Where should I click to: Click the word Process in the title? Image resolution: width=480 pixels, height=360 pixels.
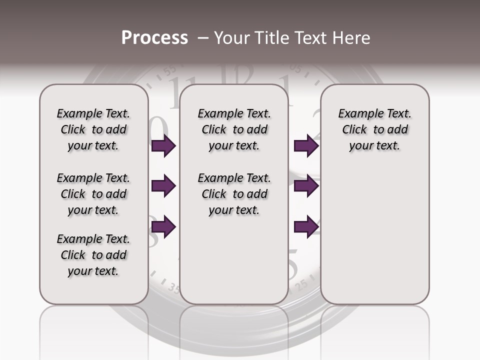(154, 38)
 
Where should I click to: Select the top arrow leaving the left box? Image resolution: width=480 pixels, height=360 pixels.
(163, 146)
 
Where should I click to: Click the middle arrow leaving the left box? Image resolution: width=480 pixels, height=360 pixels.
(163, 186)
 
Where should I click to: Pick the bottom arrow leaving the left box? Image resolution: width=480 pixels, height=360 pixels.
(163, 227)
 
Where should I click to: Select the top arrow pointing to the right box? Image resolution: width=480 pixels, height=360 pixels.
(306, 146)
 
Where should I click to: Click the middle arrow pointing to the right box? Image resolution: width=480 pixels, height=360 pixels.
(306, 186)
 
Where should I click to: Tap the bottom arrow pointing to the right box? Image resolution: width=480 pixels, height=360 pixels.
(306, 227)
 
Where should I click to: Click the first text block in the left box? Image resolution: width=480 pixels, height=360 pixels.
(93, 129)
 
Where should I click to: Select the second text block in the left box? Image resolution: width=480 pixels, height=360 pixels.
(93, 194)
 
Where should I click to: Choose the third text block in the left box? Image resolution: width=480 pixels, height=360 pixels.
(93, 255)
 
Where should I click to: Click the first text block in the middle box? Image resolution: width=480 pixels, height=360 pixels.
(234, 129)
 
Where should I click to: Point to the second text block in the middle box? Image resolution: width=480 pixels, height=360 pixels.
(234, 194)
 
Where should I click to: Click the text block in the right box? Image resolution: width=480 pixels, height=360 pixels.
(374, 129)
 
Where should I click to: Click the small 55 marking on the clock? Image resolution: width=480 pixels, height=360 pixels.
(171, 70)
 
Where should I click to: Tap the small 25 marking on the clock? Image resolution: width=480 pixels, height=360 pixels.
(301, 286)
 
